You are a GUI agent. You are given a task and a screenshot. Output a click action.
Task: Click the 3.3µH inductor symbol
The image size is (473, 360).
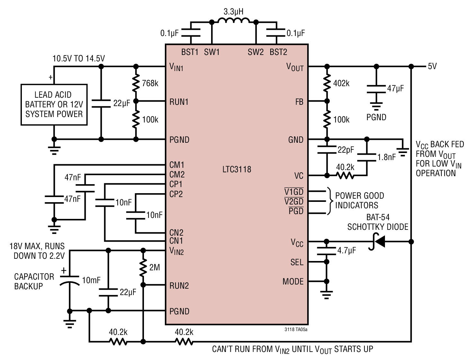pos(234,20)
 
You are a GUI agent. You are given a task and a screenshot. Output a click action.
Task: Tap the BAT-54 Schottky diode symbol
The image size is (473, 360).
pos(377,241)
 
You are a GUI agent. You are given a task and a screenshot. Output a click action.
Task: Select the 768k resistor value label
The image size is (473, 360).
pos(150,83)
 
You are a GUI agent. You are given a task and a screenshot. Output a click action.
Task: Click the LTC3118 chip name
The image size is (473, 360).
pos(236,169)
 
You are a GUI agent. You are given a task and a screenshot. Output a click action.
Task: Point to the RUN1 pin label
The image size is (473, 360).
pos(179,102)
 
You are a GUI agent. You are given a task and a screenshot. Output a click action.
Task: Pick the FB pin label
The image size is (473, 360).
pos(299,102)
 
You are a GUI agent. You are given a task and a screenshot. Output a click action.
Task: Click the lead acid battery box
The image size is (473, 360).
pos(54,104)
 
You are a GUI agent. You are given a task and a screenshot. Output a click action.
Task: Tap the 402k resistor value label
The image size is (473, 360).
pos(341,83)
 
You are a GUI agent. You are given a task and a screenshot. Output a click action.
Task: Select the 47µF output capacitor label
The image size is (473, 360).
pos(396,88)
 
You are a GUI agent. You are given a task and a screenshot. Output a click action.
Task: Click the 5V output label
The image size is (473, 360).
pos(432,66)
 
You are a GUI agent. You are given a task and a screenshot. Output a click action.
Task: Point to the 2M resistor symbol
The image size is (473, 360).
pos(143,267)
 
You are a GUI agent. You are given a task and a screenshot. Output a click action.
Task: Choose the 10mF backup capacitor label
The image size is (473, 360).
pos(91,280)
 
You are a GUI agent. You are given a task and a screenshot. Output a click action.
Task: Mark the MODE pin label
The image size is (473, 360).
pos(293,281)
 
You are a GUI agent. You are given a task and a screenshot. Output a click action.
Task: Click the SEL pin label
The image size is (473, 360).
pos(297,262)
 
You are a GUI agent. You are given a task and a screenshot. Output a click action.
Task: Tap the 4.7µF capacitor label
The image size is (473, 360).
pos(346,250)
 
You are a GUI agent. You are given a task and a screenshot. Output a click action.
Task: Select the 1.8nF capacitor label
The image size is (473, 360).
pos(387,157)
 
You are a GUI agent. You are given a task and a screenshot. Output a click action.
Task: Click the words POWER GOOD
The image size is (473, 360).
pos(360,196)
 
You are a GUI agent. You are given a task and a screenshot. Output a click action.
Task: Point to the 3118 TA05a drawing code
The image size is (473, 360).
pos(296,329)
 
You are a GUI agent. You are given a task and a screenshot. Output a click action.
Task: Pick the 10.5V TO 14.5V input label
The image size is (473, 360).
pos(79,59)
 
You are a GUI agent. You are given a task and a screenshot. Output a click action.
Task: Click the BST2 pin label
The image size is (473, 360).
pos(278,52)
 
